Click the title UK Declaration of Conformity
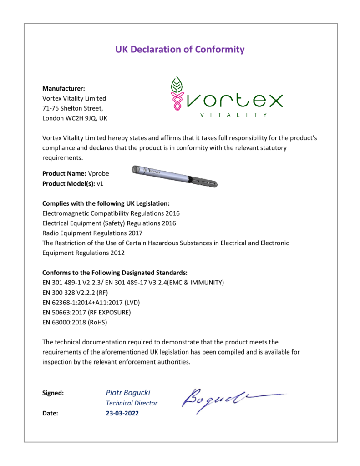click(180, 50)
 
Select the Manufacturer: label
click(64, 88)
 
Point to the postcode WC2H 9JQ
click(82, 118)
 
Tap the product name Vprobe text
click(99, 173)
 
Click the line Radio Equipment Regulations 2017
click(92, 233)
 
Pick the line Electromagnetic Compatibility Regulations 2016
click(111, 213)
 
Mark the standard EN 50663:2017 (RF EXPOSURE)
click(86, 313)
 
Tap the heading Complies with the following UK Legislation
click(106, 203)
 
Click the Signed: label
click(53, 393)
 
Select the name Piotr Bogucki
click(128, 392)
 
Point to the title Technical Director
click(132, 403)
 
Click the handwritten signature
click(228, 399)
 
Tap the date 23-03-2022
click(122, 414)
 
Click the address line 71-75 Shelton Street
click(73, 108)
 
